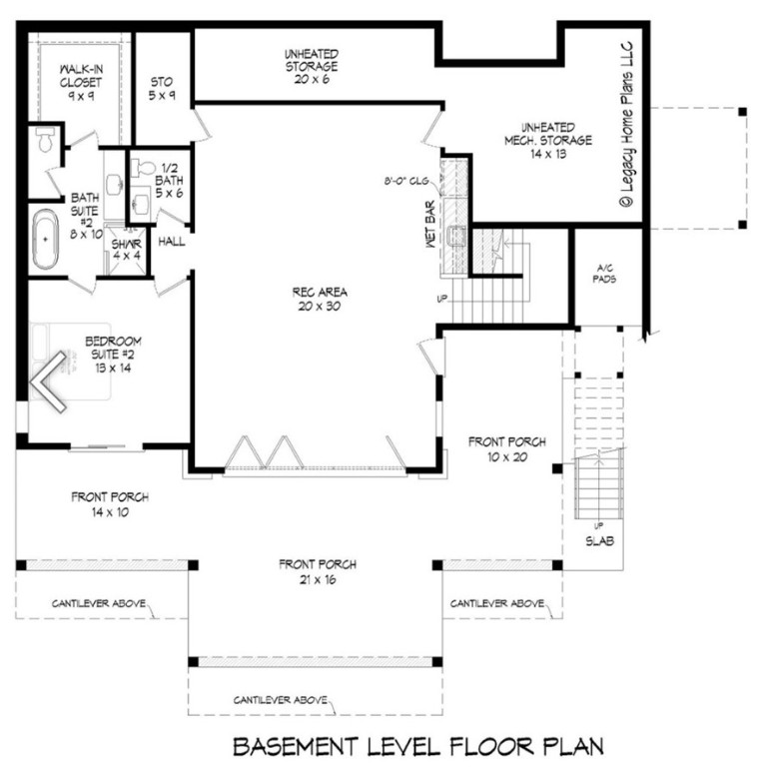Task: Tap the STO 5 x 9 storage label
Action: [163, 88]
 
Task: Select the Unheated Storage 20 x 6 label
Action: [311, 66]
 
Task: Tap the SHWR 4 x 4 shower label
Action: [126, 250]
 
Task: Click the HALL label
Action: [171, 242]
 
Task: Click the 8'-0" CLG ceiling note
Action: [407, 182]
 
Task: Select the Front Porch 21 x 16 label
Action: [318, 571]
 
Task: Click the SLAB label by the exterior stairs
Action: [599, 541]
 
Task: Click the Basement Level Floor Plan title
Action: [417, 745]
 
